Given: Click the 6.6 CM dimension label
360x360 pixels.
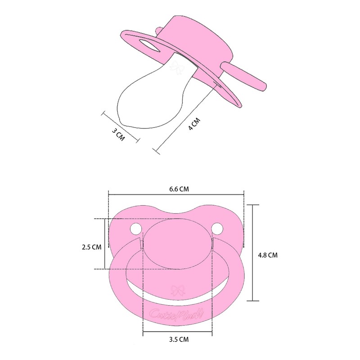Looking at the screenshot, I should click(179, 189).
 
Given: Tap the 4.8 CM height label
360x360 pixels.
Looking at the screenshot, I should click(268, 255).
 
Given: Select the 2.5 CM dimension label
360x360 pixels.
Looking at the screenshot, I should click(91, 247).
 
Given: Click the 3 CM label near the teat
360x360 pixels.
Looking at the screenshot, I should click(118, 134).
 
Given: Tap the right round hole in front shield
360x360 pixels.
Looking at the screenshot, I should click(218, 229).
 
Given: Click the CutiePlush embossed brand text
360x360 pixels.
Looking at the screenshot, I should click(177, 313).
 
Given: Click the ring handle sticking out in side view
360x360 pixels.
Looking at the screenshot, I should click(245, 75).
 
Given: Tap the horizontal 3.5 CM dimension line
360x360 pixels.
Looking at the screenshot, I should click(177, 333).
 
